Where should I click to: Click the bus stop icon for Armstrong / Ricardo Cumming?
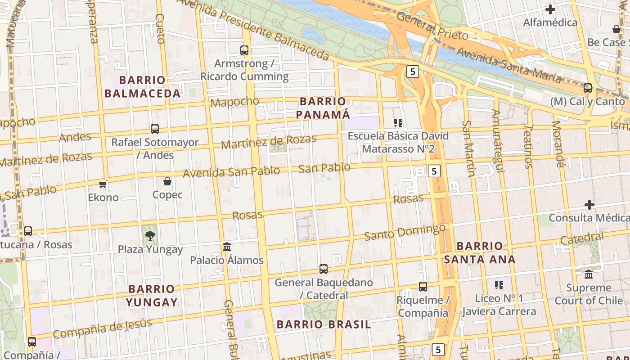coord(244,50)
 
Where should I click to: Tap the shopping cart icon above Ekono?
coord(103,184)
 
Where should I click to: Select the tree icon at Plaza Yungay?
coord(150,235)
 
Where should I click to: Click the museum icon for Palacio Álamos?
coord(227,247)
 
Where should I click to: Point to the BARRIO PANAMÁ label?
coord(323,108)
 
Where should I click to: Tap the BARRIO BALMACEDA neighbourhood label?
coord(142,87)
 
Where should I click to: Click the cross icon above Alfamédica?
coord(550,9)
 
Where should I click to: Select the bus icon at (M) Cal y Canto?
coord(588,88)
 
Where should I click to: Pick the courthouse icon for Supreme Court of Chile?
coord(589,274)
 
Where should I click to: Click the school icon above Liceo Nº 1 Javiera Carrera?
coord(499,285)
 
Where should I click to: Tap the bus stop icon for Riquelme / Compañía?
coord(423,287)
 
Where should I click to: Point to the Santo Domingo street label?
coord(405,232)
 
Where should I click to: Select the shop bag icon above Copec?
coord(167,181)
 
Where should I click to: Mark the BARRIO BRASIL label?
coord(324,324)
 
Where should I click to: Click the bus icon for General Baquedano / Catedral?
coord(323,269)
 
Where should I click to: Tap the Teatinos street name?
coord(528,146)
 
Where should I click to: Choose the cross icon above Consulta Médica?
coord(589,205)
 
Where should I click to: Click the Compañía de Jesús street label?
coord(102,328)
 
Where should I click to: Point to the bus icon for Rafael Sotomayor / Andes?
coord(155,129)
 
